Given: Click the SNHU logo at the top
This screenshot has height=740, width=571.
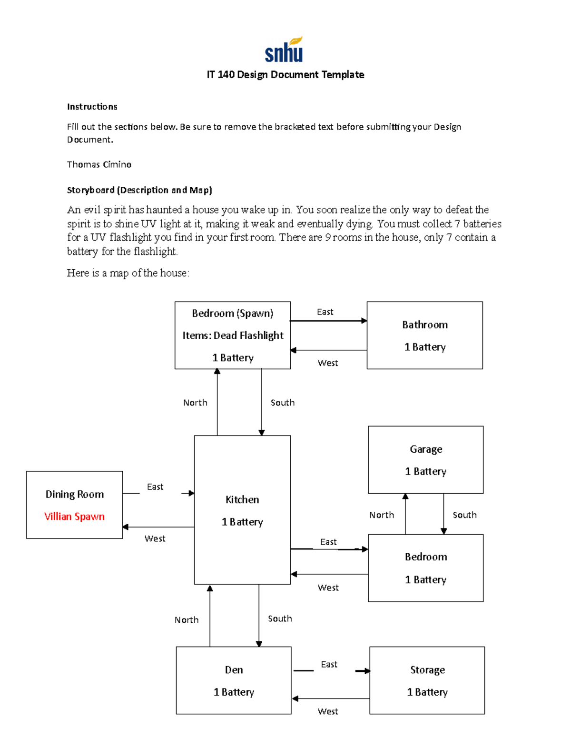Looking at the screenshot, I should click(x=284, y=50).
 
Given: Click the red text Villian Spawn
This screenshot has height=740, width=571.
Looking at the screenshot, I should click(x=74, y=517).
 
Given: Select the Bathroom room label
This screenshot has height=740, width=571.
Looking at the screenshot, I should click(x=425, y=325).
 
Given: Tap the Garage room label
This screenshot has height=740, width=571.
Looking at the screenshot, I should click(x=426, y=449).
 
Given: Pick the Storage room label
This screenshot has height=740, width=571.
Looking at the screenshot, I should click(x=427, y=670).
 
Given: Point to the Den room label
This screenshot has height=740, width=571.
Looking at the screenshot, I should click(x=234, y=670).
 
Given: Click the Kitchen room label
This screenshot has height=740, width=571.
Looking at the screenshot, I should click(x=242, y=500).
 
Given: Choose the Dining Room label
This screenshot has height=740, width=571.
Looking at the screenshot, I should click(x=75, y=495).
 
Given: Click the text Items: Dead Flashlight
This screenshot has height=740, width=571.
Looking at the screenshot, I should click(x=233, y=335).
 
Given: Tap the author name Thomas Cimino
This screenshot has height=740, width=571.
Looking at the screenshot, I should click(x=99, y=164).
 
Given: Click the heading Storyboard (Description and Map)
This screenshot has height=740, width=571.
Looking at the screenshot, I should click(x=139, y=190).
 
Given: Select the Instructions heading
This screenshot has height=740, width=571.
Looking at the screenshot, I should click(x=92, y=107).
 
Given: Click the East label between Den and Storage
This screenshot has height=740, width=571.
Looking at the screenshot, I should click(x=329, y=664).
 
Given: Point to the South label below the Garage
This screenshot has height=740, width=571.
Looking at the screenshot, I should click(x=464, y=515).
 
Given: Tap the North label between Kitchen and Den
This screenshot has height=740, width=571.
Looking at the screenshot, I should click(x=187, y=620).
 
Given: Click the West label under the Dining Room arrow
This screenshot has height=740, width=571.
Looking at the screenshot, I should click(x=155, y=538).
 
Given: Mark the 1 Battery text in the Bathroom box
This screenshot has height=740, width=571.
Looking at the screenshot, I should click(x=425, y=347).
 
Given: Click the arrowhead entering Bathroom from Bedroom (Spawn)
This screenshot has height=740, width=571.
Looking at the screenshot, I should click(x=364, y=321).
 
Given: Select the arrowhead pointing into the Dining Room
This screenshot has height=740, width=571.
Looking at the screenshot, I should click(x=126, y=527).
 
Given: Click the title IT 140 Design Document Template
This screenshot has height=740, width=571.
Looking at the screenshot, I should click(x=285, y=75).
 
